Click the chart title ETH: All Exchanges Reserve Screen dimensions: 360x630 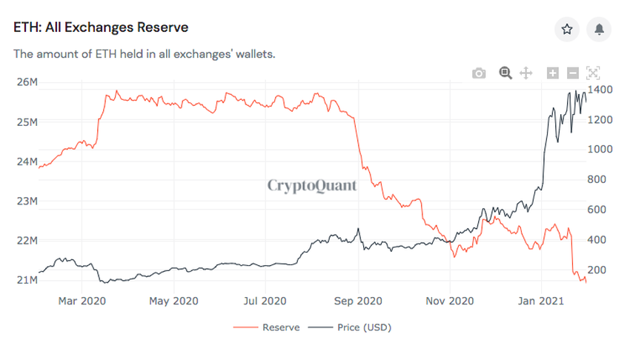101,27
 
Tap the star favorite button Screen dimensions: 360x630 567,29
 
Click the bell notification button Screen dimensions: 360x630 600,29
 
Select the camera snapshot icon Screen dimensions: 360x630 479,73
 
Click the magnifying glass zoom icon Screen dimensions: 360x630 505,73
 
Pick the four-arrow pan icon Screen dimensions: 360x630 526,73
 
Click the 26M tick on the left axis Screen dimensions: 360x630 27,81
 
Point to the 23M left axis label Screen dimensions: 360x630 27,201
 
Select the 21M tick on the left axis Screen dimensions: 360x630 27,280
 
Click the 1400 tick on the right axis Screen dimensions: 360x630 598,89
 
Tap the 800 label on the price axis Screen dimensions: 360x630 596,179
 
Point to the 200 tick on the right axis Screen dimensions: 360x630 596,270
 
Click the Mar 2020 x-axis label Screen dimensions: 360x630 82,301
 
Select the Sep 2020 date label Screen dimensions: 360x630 358,301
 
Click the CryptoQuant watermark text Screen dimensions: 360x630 312,185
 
